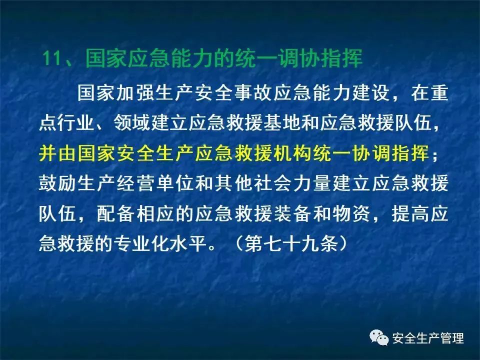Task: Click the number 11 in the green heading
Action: click(x=52, y=58)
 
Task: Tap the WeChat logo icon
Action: click(x=379, y=337)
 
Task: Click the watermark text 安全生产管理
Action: click(x=428, y=338)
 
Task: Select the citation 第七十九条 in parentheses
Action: click(x=291, y=244)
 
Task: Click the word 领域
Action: click(x=132, y=122)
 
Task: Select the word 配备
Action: click(x=115, y=213)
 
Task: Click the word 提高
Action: click(x=410, y=213)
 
